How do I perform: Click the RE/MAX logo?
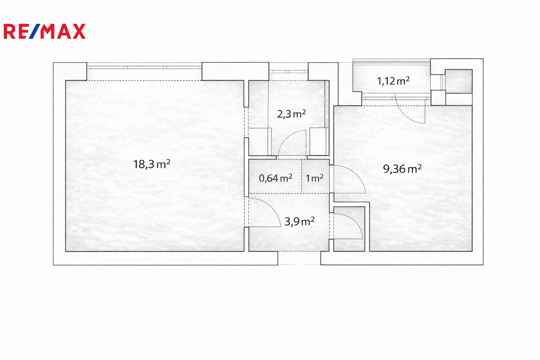pyautogui.click(x=45, y=31)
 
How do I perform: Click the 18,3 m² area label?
pyautogui.click(x=152, y=164)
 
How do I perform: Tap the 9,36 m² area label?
pyautogui.click(x=402, y=169)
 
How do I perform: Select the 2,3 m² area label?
pyautogui.click(x=291, y=114)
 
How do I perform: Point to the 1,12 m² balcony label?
pyautogui.click(x=393, y=81)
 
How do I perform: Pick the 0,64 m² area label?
pyautogui.click(x=276, y=178)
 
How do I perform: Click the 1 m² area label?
pyautogui.click(x=314, y=178)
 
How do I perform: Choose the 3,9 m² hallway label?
pyautogui.click(x=300, y=221)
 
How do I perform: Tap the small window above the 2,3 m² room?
pyautogui.click(x=289, y=72)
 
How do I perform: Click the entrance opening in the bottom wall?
pyautogui.click(x=299, y=258)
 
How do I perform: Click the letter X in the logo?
pyautogui.click(x=79, y=31)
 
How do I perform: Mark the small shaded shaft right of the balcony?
pyautogui.click(x=458, y=81)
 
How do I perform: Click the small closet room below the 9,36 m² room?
pyautogui.click(x=349, y=229)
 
